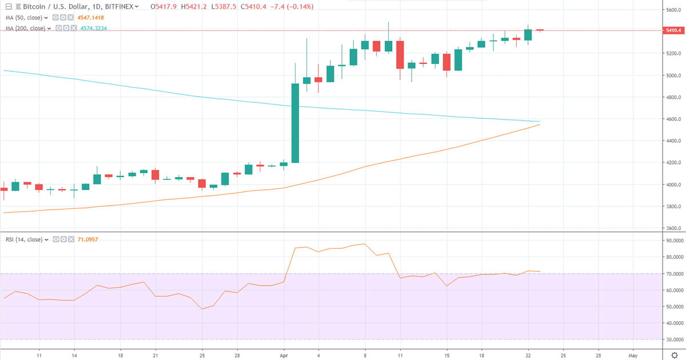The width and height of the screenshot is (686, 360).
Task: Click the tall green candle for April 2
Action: coord(296,123)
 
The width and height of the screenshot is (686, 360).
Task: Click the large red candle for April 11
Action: coord(400,55)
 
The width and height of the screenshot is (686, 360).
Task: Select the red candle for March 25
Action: coord(202,183)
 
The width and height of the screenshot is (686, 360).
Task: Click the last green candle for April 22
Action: coord(528,34)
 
